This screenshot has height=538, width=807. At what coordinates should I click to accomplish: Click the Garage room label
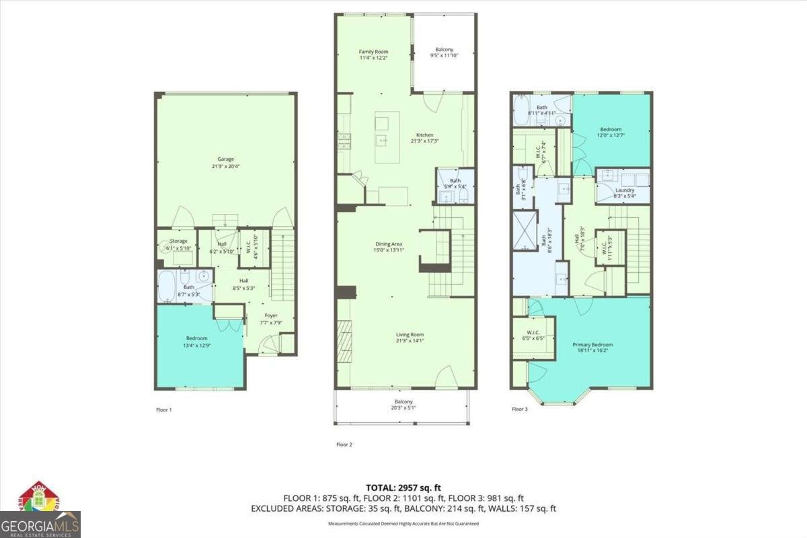coord(225,159)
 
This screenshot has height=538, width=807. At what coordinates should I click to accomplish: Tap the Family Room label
coord(373,52)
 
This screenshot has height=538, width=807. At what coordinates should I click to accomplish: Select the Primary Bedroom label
coord(592,345)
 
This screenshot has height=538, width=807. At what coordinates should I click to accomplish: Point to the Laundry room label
coord(625,190)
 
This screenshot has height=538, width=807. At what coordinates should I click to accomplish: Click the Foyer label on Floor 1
coord(270,315)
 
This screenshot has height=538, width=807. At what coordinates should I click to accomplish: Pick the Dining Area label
coord(389,244)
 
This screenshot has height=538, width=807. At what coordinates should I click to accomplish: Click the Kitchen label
coord(424,135)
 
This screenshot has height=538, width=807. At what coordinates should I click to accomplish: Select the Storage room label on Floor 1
coord(178,241)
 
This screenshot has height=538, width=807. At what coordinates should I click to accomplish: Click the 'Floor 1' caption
coord(163,409)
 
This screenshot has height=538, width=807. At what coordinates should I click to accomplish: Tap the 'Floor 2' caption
coord(344,445)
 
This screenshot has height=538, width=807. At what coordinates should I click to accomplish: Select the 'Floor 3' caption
coord(520,409)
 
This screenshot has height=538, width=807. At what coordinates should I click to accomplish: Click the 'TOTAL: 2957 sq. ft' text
coord(403,487)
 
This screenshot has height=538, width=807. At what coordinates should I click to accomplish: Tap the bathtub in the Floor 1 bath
coord(167,286)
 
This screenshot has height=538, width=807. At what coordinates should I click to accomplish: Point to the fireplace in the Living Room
coord(344,341)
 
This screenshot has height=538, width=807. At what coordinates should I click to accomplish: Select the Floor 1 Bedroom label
coord(197,338)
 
